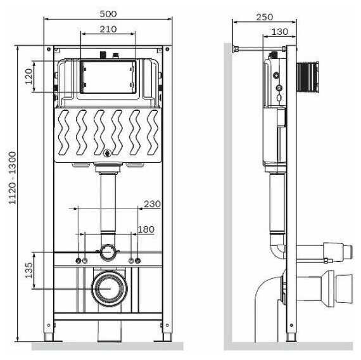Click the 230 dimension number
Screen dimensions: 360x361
pos(152,203)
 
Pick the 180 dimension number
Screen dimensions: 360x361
pos(146,229)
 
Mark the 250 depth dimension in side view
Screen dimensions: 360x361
pos(264,17)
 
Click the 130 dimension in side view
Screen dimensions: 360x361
pos(279,31)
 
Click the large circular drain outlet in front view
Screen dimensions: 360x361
pos(107,288)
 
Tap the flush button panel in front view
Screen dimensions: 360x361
pos(107,77)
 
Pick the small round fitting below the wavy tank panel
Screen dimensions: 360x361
pos(107,153)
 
